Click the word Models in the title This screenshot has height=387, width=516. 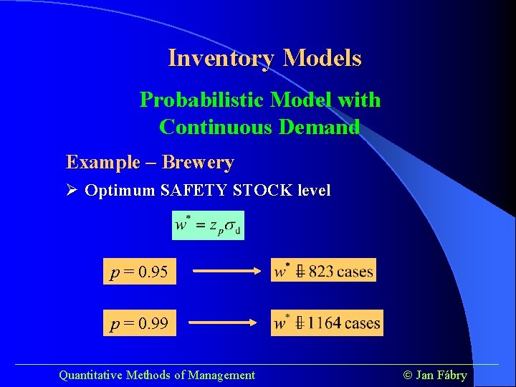coord(322,58)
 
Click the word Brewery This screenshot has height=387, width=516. coord(198,163)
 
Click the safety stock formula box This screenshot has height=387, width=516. coord(209,225)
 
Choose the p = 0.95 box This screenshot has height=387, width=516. coord(140,272)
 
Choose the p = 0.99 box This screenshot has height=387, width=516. coord(140,324)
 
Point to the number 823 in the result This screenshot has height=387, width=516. coord(320,271)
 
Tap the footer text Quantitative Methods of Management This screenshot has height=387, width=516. coord(156,375)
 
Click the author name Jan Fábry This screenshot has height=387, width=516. coord(441,375)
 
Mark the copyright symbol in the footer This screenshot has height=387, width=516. coord(408,375)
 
